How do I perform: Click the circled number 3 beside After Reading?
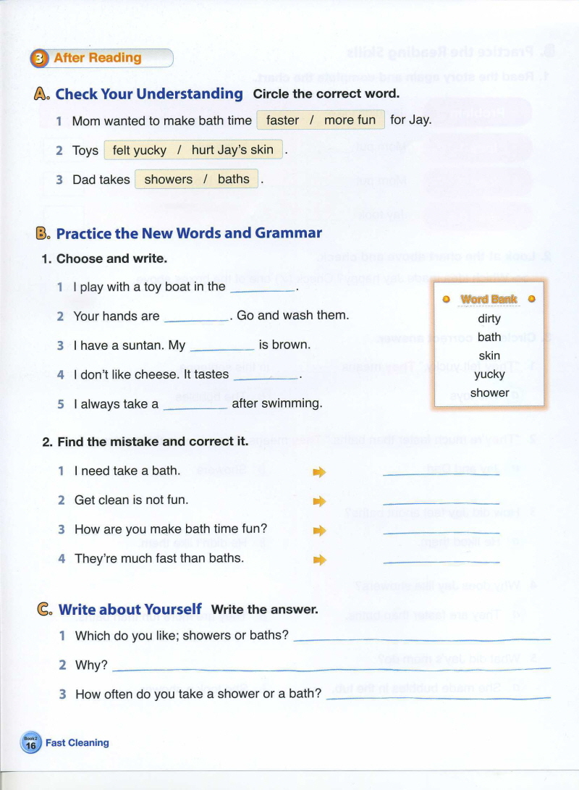coord(40,59)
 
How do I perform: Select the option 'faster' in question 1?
coord(282,120)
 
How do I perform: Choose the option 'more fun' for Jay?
coord(350,120)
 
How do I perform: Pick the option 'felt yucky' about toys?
coord(140,151)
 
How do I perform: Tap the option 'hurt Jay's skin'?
coord(232,151)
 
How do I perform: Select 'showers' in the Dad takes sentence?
coord(169,180)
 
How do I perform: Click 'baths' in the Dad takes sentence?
coord(233,180)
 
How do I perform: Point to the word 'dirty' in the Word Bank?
coord(489,319)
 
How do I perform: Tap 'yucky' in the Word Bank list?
coord(489,374)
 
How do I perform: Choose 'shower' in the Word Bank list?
coord(489,393)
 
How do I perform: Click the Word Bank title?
coord(489,299)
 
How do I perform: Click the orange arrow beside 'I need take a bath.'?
coord(319,472)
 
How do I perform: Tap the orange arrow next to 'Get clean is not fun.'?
coord(319,501)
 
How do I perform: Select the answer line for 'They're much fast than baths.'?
coord(441,561)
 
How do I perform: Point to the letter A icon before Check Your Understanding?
coord(42,93)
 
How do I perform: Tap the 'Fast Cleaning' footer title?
coord(77,743)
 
